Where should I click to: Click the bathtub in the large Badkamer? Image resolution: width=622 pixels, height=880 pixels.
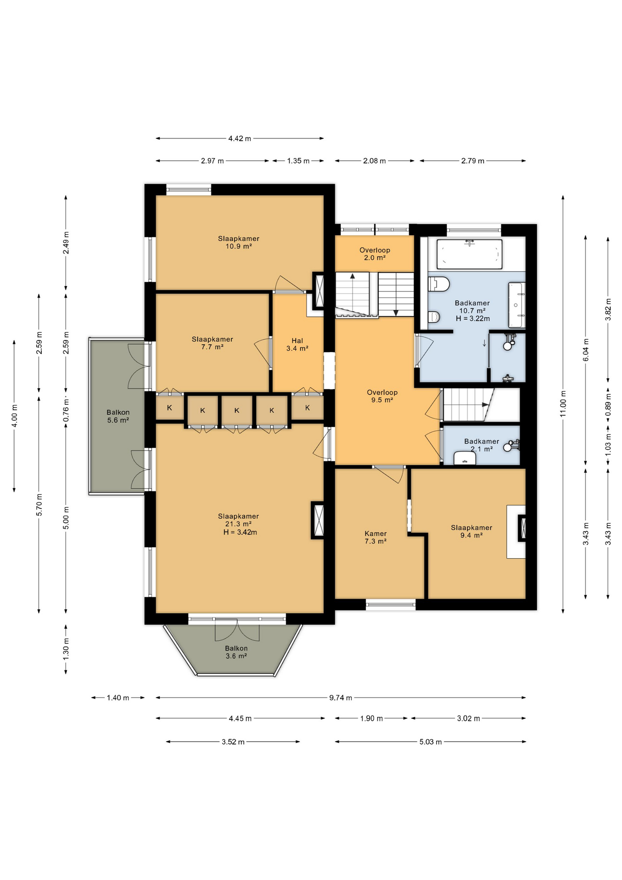(x=469, y=254)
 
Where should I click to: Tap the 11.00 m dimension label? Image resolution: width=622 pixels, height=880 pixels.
(x=563, y=403)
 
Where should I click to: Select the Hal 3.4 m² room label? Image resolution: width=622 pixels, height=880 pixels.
(x=297, y=345)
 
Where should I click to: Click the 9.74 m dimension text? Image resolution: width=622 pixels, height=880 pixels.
(x=340, y=698)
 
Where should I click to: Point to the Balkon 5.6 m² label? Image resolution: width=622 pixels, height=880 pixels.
(x=118, y=416)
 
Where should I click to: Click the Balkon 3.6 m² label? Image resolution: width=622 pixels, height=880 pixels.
(x=236, y=652)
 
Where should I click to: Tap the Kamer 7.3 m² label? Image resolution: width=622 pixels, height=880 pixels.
(x=376, y=537)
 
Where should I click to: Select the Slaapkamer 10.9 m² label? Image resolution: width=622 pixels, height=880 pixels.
(x=239, y=242)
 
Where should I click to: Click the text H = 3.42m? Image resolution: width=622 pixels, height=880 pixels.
(x=240, y=532)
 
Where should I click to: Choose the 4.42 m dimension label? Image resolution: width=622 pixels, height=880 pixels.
(x=240, y=138)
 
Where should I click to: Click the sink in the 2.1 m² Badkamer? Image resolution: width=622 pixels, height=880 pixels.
(x=464, y=458)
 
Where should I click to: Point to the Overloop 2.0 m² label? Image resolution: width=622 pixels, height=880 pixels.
(x=375, y=254)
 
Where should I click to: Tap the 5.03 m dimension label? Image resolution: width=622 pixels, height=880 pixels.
(x=431, y=742)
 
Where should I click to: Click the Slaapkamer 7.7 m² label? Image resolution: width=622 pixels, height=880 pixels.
(x=212, y=343)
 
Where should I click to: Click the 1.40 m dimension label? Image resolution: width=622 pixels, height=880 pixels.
(x=118, y=698)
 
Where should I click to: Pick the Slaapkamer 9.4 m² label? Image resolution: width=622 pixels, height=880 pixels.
(x=471, y=531)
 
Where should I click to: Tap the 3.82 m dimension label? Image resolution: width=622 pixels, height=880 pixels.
(x=608, y=309)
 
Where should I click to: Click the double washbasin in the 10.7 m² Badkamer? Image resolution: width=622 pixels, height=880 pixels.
(x=516, y=305)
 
